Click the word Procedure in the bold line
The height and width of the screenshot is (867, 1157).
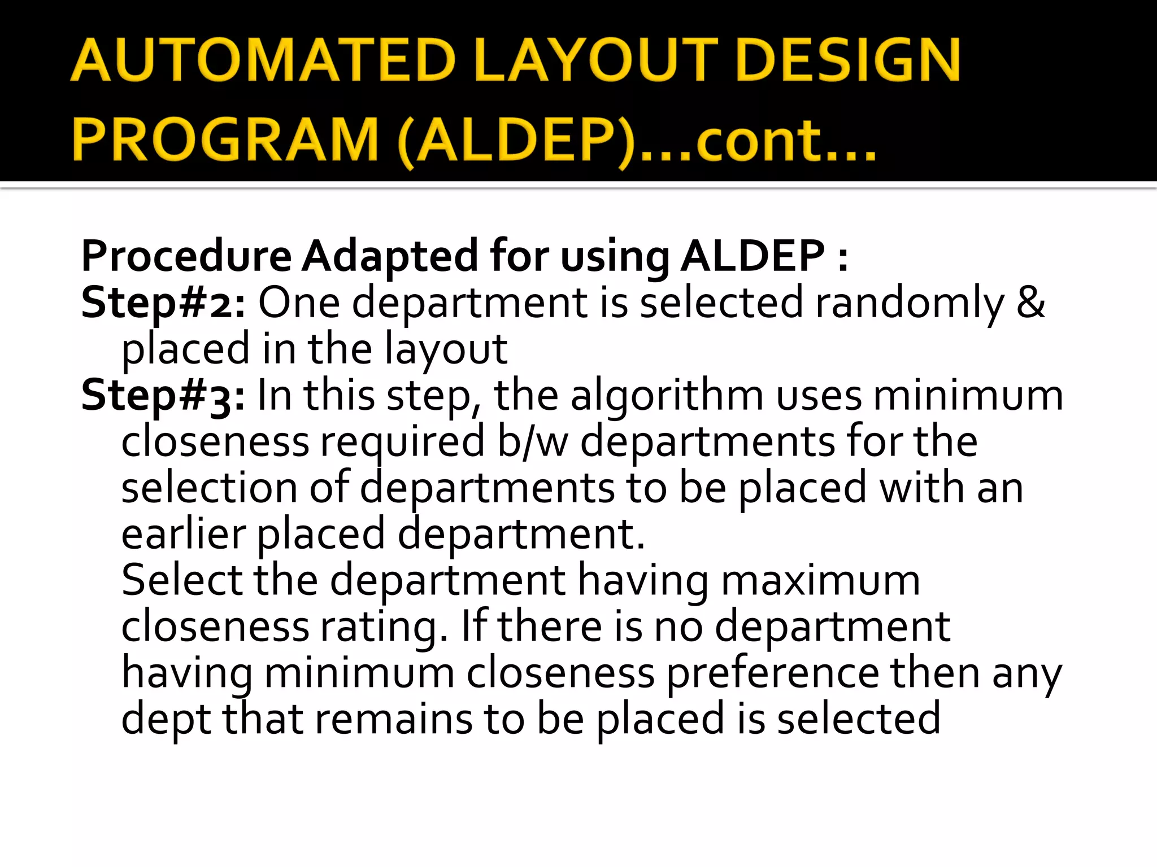(186, 257)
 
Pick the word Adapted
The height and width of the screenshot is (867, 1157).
(390, 257)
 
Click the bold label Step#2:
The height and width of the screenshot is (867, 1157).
(163, 303)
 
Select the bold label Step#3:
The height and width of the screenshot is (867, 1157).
(163, 396)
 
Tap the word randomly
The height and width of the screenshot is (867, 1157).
(910, 303)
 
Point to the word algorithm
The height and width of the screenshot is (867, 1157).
(667, 396)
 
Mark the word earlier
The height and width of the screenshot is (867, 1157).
(184, 534)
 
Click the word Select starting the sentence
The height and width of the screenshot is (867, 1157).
(182, 580)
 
